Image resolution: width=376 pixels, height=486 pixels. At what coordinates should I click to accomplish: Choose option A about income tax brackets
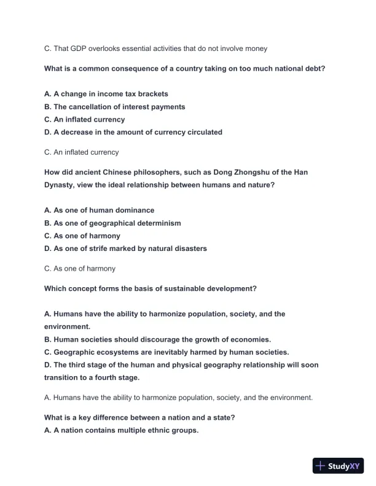(x=106, y=94)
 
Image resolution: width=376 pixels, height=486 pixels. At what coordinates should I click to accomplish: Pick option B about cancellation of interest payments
(x=114, y=107)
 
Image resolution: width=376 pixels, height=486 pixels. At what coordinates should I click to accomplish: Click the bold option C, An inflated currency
(x=84, y=120)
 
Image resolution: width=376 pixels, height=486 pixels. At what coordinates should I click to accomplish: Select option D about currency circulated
(x=133, y=132)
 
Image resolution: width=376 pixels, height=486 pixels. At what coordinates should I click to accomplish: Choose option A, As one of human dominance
(x=99, y=210)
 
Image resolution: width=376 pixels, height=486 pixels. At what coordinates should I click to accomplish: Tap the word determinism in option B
(x=159, y=223)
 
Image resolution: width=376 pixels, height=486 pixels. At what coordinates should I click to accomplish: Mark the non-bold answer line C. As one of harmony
(x=80, y=268)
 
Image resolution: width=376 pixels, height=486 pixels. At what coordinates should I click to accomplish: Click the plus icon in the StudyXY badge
(x=321, y=466)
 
